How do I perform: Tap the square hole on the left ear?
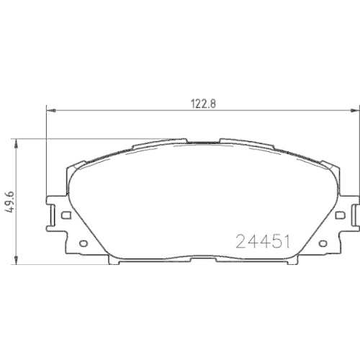pyautogui.click(x=65, y=214)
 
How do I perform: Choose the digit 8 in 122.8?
pyautogui.click(x=213, y=103)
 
